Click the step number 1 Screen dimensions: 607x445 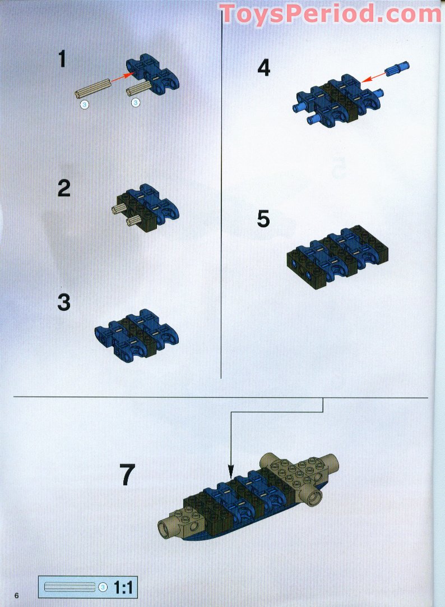pyautogui.click(x=62, y=59)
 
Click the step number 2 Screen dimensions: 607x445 pyautogui.click(x=64, y=188)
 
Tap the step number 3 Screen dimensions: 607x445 pyautogui.click(x=64, y=302)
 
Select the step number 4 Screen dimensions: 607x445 pyautogui.click(x=263, y=68)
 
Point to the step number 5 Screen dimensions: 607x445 pyautogui.click(x=263, y=219)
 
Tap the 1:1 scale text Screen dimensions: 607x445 pyautogui.click(x=123, y=588)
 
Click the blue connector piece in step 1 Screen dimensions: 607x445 pyautogui.click(x=154, y=73)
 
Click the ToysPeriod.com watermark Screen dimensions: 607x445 pyautogui.click(x=331, y=13)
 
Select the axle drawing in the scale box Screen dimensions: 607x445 pyautogui.click(x=70, y=587)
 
